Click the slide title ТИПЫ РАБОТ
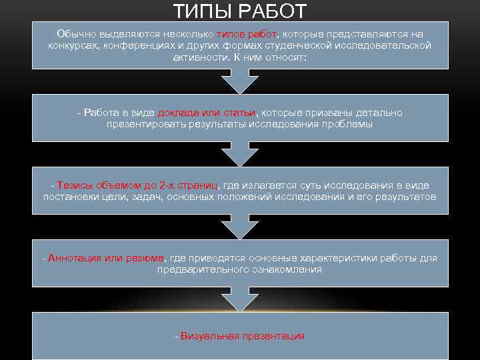tap(240, 11)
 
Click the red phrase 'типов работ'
tap(247, 33)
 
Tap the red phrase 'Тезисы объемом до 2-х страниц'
tap(138, 185)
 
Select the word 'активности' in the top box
tap(196, 57)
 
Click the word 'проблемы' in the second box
tap(351, 124)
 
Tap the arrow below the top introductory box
tap(240, 82)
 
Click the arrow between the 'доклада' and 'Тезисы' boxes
tap(240, 155)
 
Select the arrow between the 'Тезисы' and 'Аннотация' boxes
tap(240, 227)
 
